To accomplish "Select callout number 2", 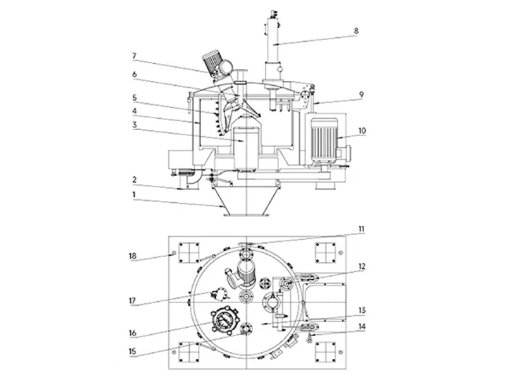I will coord(135,179).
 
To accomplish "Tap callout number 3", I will coord(135,125).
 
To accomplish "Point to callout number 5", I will coord(135,98).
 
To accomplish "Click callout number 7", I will coord(135,56).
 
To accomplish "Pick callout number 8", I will coord(356,30).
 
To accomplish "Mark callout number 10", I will coord(361,131).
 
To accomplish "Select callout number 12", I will coord(362,267).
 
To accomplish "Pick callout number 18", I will coord(135,256).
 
